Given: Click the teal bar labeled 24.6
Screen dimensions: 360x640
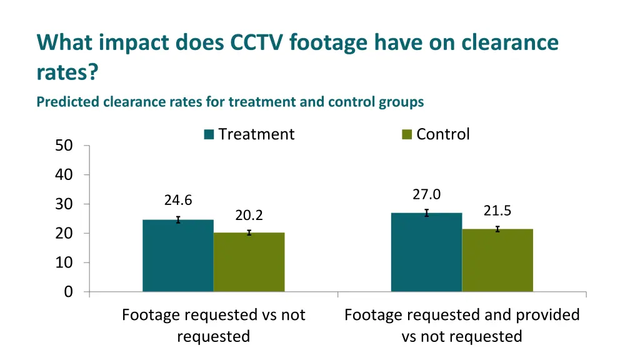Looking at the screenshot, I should pos(178,256).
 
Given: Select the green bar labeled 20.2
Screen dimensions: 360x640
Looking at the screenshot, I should pos(249,262).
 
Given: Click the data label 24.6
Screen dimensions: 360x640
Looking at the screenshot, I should pos(178,200).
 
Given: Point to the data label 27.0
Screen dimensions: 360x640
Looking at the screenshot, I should pos(426,195).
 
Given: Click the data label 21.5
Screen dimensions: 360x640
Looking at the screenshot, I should pos(497,211).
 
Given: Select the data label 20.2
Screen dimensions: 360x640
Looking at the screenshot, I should pos(249,216).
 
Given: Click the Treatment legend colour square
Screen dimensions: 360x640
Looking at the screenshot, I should pos(209,134).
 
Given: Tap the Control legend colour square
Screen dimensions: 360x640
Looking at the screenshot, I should pos(407,134).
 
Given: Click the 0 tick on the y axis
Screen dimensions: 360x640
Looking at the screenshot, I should pos(68,292).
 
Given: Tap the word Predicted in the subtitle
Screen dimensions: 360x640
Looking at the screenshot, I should pos(67,101).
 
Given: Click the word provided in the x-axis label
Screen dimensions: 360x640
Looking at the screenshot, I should pos(550,315).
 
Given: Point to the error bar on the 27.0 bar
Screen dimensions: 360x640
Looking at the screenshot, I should pos(426,213).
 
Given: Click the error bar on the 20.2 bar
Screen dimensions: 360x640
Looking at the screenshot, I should pos(249,232).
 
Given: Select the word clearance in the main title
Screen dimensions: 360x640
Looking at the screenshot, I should pos(510,42).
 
